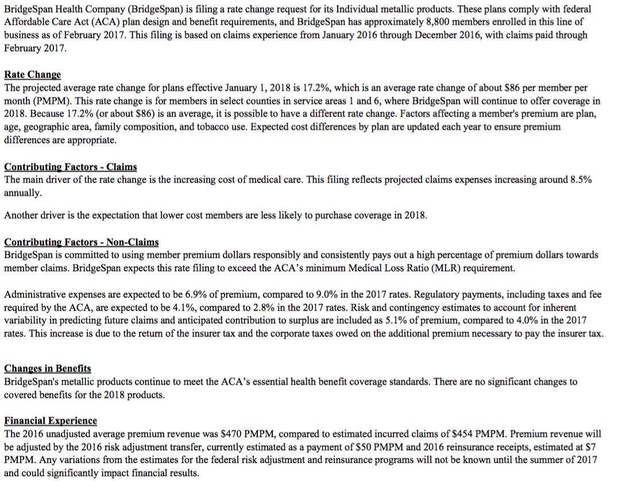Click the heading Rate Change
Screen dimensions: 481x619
[x=32, y=75]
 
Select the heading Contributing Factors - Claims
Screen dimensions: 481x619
[x=71, y=166]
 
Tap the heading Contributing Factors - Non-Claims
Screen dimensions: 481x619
[x=82, y=242]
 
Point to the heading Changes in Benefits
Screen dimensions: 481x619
[x=48, y=368]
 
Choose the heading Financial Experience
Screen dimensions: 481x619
[x=51, y=420]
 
